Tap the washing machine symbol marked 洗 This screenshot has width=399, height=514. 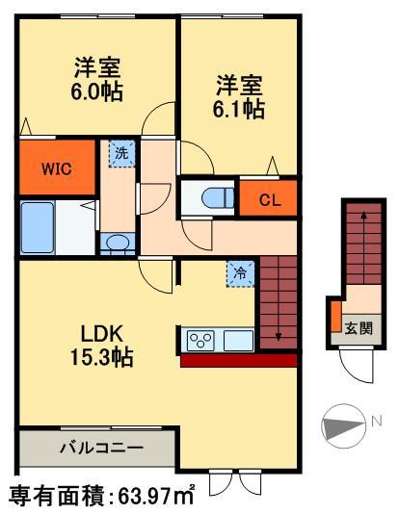120,153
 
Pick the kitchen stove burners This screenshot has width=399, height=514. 200,340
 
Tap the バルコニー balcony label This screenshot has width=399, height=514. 99,449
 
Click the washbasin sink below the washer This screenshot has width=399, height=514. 118,243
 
